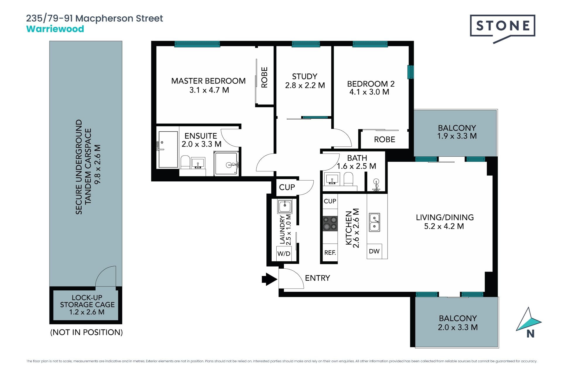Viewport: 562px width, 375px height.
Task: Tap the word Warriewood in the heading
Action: click(55, 29)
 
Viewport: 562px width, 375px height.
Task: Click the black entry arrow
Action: click(269, 279)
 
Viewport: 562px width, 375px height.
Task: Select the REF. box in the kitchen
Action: click(330, 253)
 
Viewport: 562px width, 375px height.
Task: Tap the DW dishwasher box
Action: click(374, 251)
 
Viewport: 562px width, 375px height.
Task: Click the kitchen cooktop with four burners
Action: click(330, 224)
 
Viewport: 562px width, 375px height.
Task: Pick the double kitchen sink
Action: click(374, 222)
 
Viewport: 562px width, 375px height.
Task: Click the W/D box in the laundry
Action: click(284, 253)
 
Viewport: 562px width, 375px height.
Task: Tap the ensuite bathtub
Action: click(168, 149)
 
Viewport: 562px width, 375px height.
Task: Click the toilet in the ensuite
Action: click(185, 162)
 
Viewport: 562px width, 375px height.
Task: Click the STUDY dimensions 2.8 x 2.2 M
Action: click(305, 85)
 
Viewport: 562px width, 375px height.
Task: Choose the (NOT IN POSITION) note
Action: click(86, 332)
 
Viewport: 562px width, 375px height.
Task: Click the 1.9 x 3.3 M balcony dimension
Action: click(457, 136)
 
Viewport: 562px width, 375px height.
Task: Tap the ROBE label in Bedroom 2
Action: click(385, 139)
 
